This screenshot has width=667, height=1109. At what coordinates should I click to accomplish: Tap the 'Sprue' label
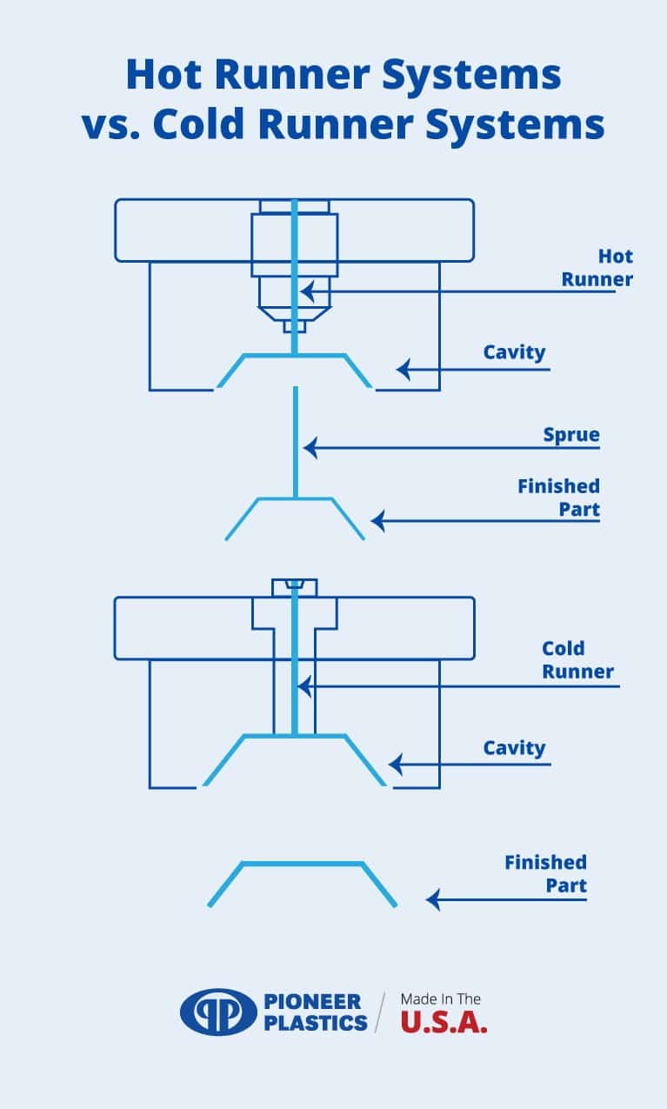pos(571,434)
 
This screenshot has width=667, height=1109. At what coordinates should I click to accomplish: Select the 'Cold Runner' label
pos(577,660)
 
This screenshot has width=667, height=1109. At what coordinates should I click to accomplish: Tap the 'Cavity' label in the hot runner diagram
pos(514,352)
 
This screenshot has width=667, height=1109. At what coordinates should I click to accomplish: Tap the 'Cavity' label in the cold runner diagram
pos(514,748)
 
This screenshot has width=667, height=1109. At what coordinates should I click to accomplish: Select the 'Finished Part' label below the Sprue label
pos(558,498)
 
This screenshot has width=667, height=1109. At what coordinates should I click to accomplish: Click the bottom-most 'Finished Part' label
pos(545,874)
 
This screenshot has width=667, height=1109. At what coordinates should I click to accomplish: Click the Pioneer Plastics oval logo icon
pos(218,1012)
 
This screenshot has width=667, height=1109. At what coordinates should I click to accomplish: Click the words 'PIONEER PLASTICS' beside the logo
pos(315,1012)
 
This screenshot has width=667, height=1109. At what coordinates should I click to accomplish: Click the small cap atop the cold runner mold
pos(295,587)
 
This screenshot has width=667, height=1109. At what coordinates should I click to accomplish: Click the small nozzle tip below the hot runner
pos(295,326)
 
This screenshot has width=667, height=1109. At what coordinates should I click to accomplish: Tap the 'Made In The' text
pos(440,999)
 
